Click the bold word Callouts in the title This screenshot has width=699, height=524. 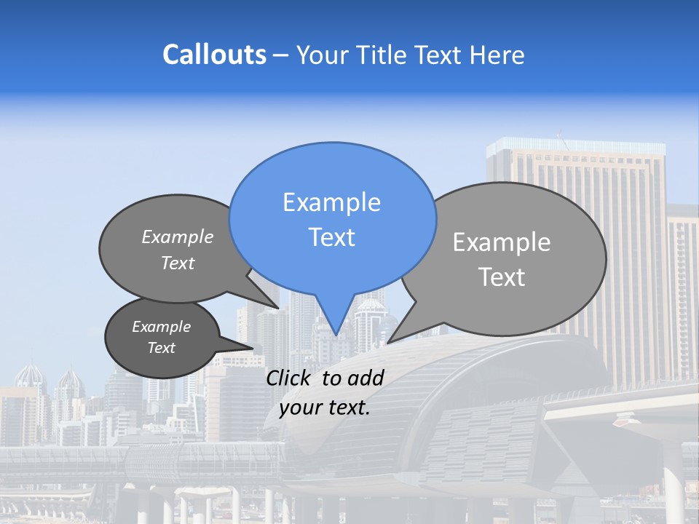214,55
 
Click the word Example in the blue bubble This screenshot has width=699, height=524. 331,202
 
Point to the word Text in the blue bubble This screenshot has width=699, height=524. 331,237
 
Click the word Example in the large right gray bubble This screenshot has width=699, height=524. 502,242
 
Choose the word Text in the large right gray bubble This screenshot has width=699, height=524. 502,277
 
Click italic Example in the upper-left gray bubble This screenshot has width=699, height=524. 178,237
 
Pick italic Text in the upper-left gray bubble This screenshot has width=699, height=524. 178,263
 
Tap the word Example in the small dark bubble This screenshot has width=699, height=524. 161,327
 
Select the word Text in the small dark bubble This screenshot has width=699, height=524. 161,348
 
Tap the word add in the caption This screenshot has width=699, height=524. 366,378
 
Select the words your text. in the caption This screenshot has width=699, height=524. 325,408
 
